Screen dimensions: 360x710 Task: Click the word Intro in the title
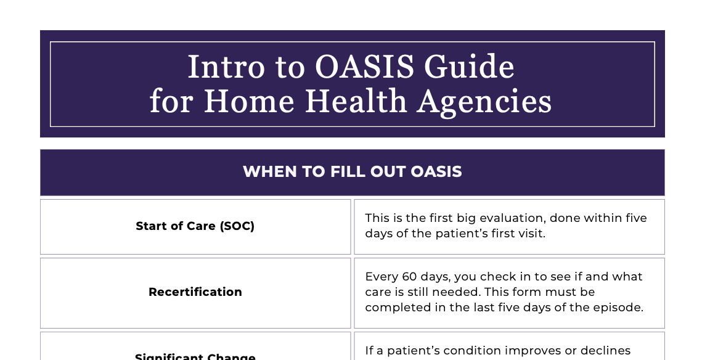pyautogui.click(x=216, y=68)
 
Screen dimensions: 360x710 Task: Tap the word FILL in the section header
pyautogui.click(x=347, y=172)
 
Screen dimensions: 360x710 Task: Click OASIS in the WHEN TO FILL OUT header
pyautogui.click(x=436, y=172)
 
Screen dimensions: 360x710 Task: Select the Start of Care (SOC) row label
pyautogui.click(x=195, y=226)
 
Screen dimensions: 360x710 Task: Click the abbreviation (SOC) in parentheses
pyautogui.click(x=237, y=226)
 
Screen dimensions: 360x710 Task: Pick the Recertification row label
pyautogui.click(x=195, y=292)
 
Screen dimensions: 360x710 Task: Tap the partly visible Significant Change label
pyautogui.click(x=195, y=357)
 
